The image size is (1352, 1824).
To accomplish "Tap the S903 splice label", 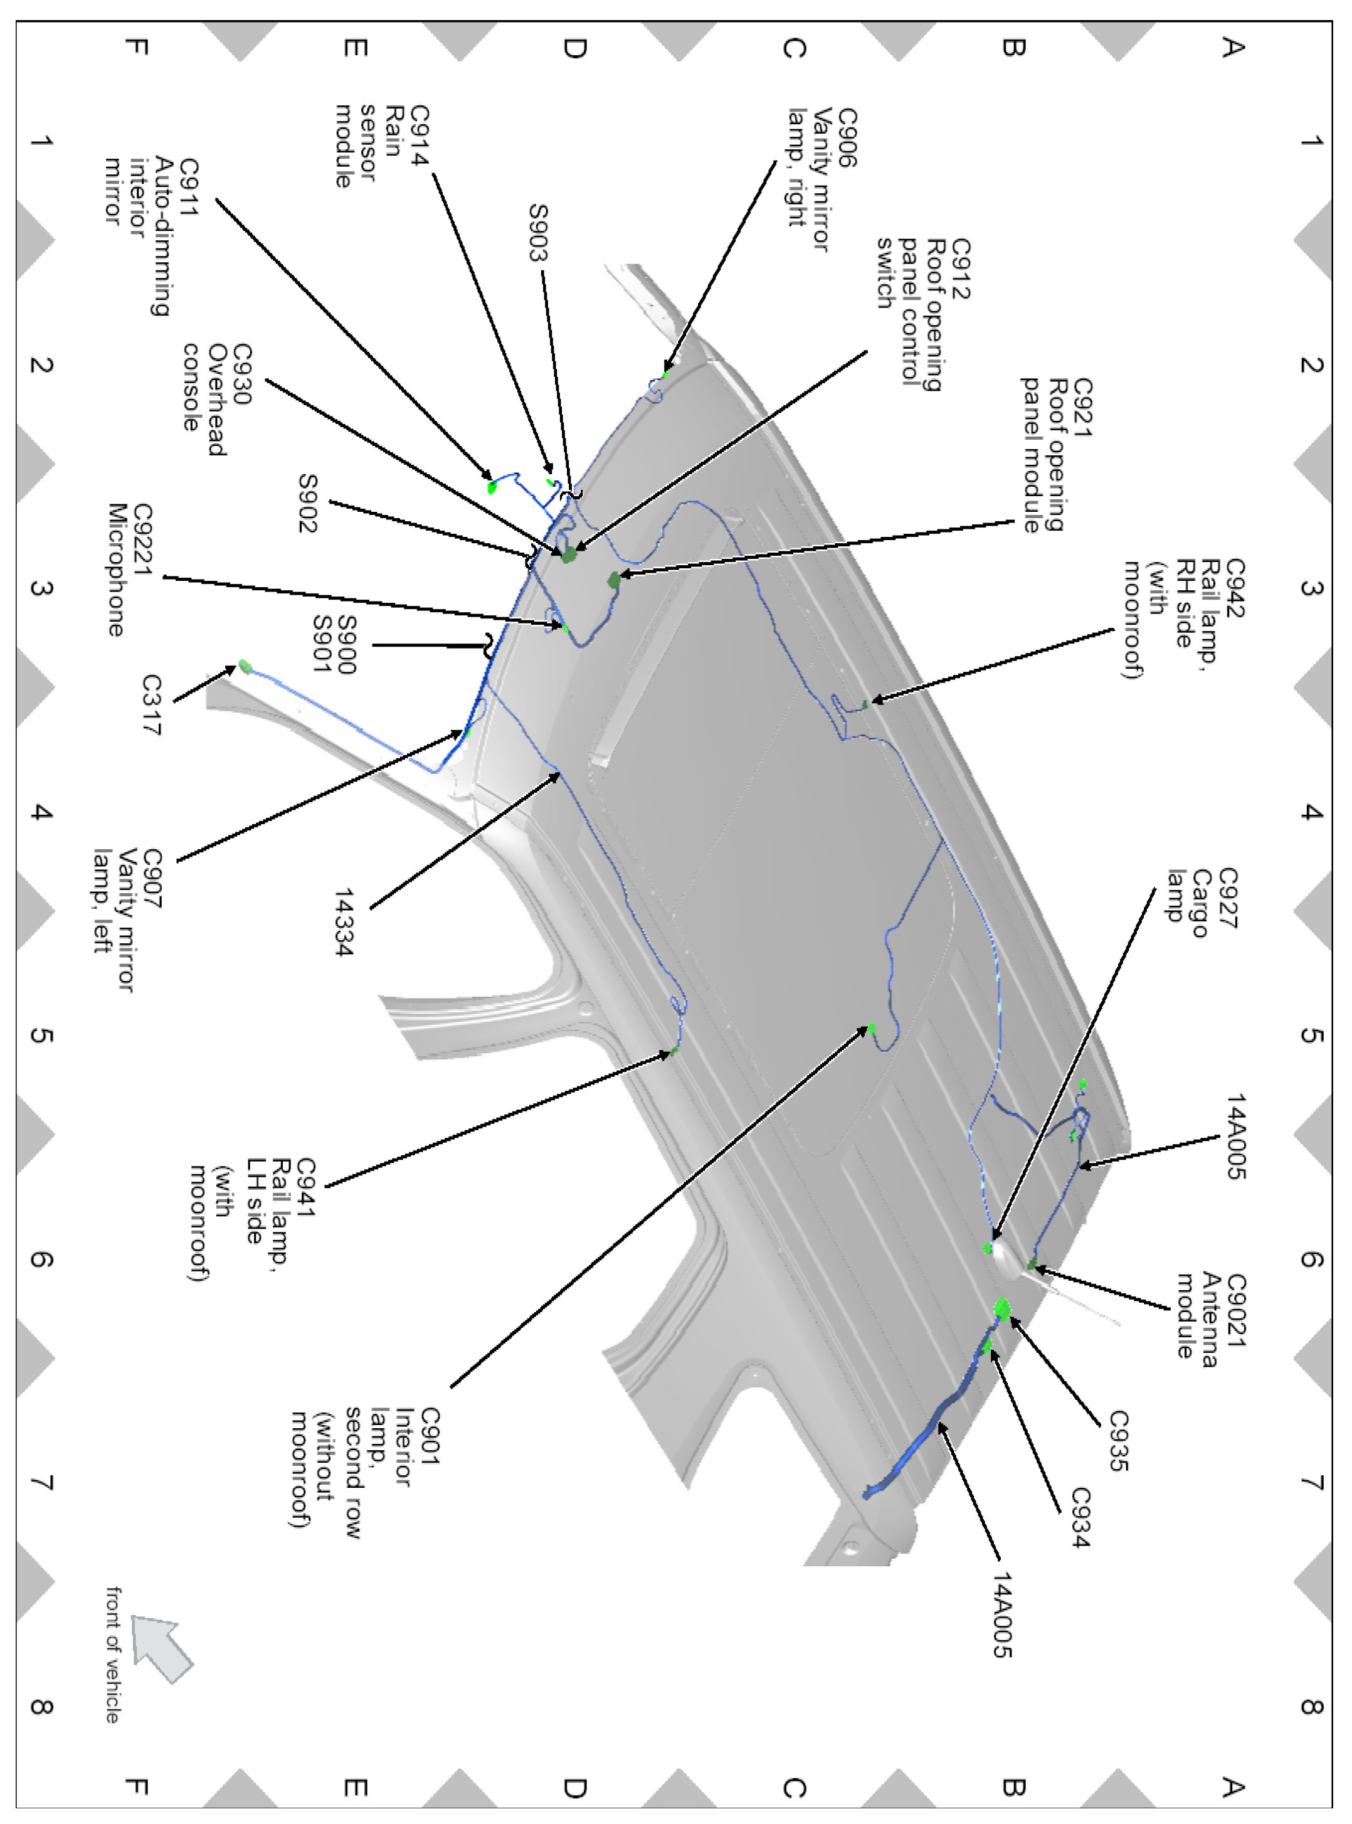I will [x=537, y=233].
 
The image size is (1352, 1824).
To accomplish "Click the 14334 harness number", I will [x=344, y=922].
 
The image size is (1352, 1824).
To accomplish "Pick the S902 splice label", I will [x=307, y=504].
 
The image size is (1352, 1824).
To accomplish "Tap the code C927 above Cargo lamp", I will [x=1228, y=898].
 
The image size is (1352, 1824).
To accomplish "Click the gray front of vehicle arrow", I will [x=162, y=1645].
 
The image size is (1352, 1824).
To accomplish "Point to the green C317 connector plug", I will [x=244, y=665].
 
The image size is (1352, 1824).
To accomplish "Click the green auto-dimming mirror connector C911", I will [x=492, y=487].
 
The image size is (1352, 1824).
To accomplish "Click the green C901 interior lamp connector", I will [x=872, y=1028].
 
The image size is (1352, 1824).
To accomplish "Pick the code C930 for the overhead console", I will [x=241, y=374].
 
